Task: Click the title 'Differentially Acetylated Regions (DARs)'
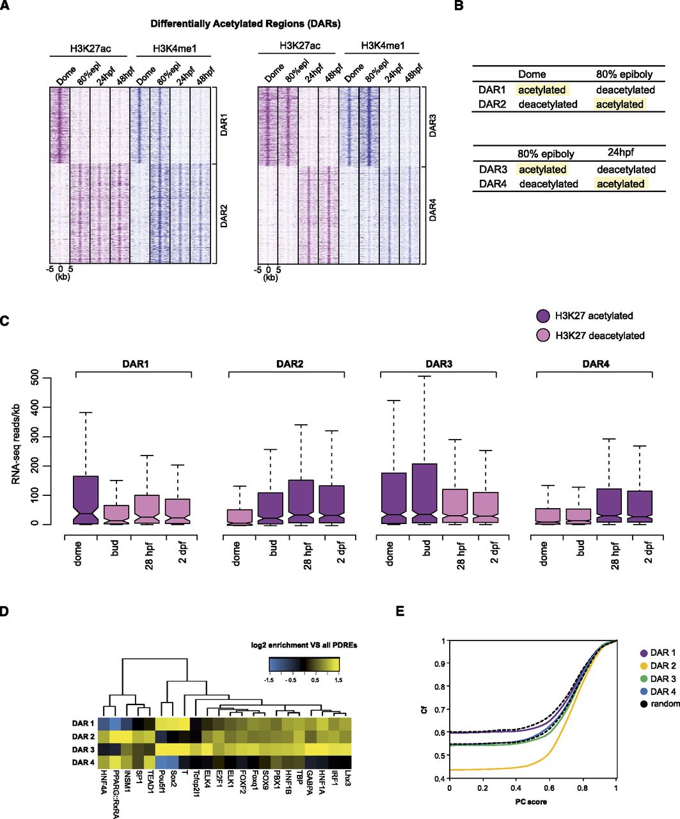(246, 24)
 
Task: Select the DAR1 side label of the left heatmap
(224, 125)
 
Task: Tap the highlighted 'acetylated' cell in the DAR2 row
(620, 104)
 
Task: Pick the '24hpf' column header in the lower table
(621, 152)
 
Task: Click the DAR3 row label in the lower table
(493, 170)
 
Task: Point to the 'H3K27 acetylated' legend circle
(543, 315)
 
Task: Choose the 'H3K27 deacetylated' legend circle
(543, 335)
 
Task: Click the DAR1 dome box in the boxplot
(86, 500)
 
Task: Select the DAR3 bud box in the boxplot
(424, 494)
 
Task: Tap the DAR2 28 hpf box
(301, 501)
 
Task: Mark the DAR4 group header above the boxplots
(596, 364)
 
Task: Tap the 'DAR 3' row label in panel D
(83, 749)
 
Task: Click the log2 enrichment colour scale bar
(304, 665)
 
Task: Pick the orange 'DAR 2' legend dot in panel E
(644, 665)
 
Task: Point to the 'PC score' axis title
(531, 802)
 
